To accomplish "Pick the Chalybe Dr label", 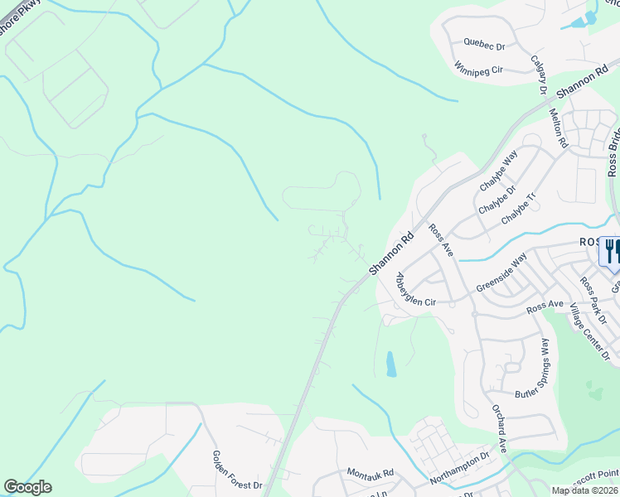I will coord(495,199).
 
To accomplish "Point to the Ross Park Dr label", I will coord(593,300).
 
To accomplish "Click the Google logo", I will coord(27,487).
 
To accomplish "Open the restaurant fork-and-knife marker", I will coord(613,251).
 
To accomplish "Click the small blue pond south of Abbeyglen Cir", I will coord(391,364).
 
